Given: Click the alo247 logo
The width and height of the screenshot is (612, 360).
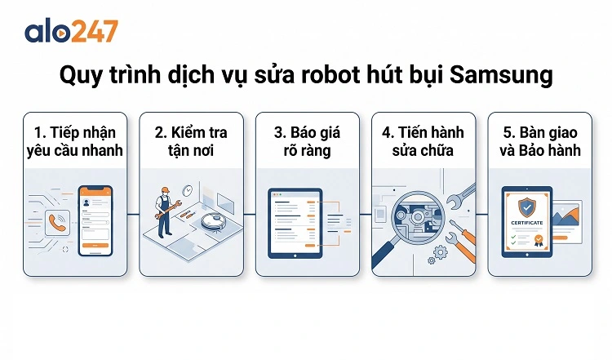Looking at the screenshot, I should pos(71,31).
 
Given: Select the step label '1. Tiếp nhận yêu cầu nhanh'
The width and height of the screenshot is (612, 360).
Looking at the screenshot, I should pos(77,140).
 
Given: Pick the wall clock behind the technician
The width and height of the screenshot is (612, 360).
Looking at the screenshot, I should pos(188,189).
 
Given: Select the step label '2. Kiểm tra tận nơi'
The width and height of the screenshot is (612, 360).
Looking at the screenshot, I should pos(193,140).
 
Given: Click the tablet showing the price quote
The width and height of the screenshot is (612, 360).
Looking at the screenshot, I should pos(295,222).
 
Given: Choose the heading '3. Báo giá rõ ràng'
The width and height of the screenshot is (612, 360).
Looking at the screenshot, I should pos(308,140).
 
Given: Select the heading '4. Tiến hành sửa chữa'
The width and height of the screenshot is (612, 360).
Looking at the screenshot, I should pos(424,140).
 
